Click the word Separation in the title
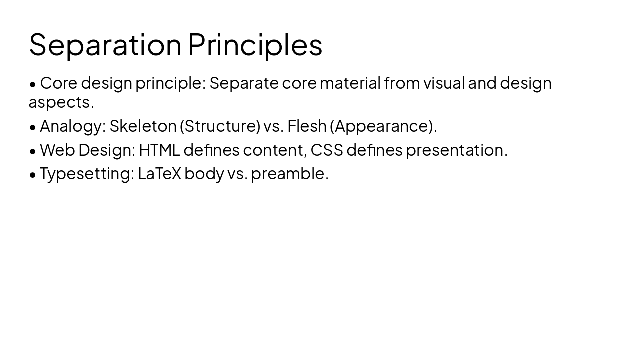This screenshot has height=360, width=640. pyautogui.click(x=105, y=44)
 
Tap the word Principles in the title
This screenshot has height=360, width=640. pyautogui.click(x=255, y=44)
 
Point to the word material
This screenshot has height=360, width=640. pyautogui.click(x=350, y=83)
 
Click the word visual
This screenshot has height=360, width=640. pyautogui.click(x=444, y=83)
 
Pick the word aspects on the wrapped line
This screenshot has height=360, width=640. pyautogui.click(x=61, y=102)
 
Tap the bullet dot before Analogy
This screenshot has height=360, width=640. pyautogui.click(x=33, y=127)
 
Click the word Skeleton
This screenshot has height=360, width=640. pyautogui.click(x=143, y=126)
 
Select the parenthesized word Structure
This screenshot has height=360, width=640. pyautogui.click(x=220, y=126)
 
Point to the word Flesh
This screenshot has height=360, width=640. pyautogui.click(x=307, y=126)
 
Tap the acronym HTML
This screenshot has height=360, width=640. pyautogui.click(x=159, y=150)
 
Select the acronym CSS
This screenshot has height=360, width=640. pyautogui.click(x=327, y=150)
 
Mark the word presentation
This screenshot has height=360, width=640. pyautogui.click(x=456, y=150)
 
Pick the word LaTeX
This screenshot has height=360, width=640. pyautogui.click(x=160, y=174)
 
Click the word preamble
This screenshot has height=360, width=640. pyautogui.click(x=289, y=174)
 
